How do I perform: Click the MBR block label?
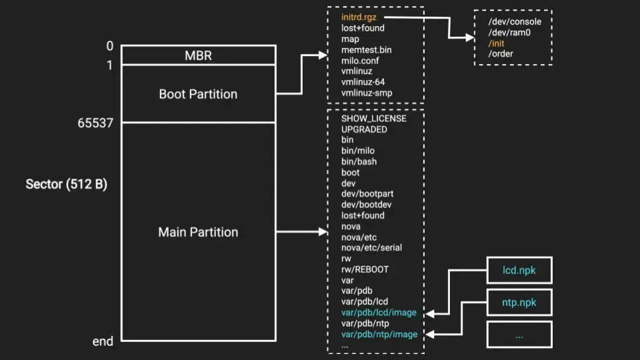[x=198, y=55]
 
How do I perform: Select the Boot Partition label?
[x=198, y=94]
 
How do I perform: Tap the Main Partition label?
[x=198, y=232]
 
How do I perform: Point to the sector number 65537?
[x=95, y=123]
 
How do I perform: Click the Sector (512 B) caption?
[x=66, y=184]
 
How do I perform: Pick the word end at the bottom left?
[x=103, y=341]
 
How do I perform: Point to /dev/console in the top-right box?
[x=515, y=21]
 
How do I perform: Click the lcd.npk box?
[x=519, y=271]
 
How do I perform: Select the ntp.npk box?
[x=519, y=303]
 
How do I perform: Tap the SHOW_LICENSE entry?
[x=373, y=119]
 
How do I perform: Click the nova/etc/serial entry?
[x=371, y=247]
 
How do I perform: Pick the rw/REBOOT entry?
[x=365, y=269]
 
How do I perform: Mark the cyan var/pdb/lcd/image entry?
[x=379, y=312]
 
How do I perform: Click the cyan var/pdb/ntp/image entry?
[x=379, y=334]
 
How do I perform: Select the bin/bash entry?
[x=359, y=161]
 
